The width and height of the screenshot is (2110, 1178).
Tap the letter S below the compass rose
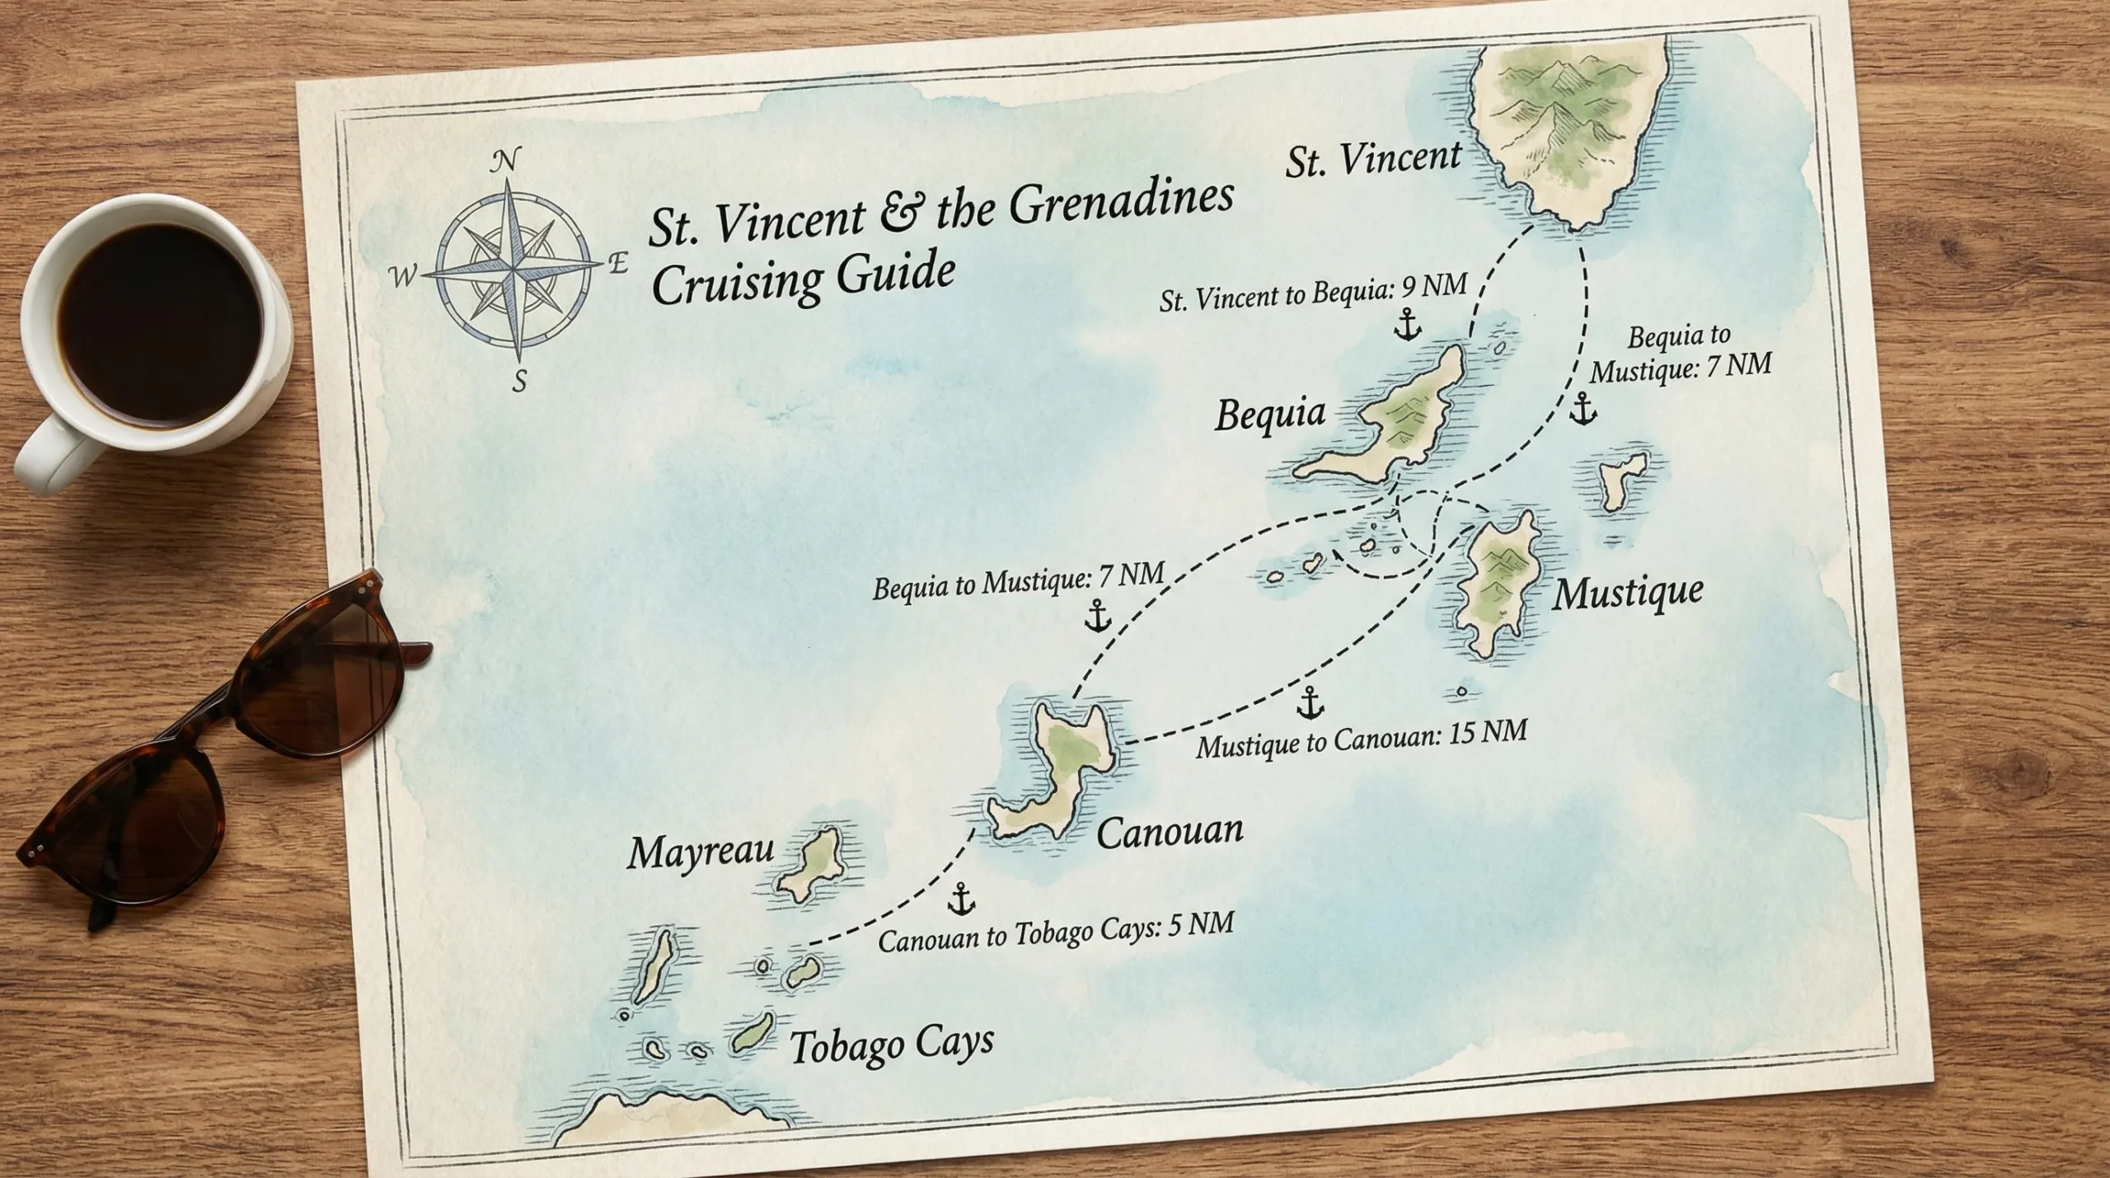(x=519, y=381)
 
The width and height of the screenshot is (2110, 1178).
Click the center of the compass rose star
(x=513, y=269)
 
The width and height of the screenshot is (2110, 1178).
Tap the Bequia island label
(x=1270, y=414)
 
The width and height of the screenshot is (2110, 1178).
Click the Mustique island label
(x=1627, y=593)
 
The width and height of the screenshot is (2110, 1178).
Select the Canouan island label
(x=1170, y=832)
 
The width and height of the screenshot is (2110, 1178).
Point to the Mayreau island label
(x=701, y=852)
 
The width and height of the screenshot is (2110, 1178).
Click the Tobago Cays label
(x=892, y=1044)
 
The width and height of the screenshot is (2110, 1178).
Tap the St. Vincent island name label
(x=1373, y=159)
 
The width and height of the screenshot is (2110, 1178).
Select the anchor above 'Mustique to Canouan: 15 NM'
(x=1310, y=703)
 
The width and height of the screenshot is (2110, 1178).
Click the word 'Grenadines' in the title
(x=1121, y=203)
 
